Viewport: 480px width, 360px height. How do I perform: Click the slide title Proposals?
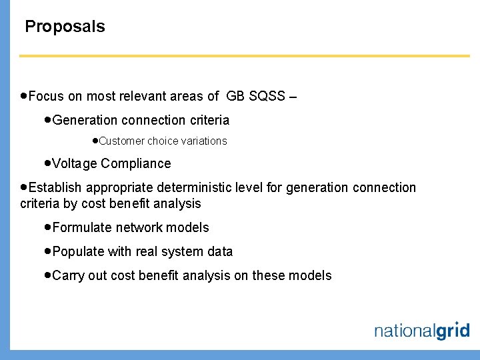pos(65,27)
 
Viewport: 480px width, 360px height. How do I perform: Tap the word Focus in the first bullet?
pos(47,97)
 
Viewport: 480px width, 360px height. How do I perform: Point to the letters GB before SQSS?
pos(235,97)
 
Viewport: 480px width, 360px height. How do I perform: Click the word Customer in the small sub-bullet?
pos(121,141)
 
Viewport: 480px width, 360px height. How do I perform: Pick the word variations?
pos(203,141)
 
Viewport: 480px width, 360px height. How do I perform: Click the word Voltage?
pos(75,164)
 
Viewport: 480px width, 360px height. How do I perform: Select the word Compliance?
pos(136,164)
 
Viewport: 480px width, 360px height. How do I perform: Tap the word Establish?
pos(56,188)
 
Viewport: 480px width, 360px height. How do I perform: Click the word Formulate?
pos(82,228)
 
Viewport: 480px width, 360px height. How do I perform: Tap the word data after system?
pos(220,252)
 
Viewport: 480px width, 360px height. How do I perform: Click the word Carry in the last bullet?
pos(68,276)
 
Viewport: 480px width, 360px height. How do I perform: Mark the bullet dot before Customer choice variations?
pos(95,141)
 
